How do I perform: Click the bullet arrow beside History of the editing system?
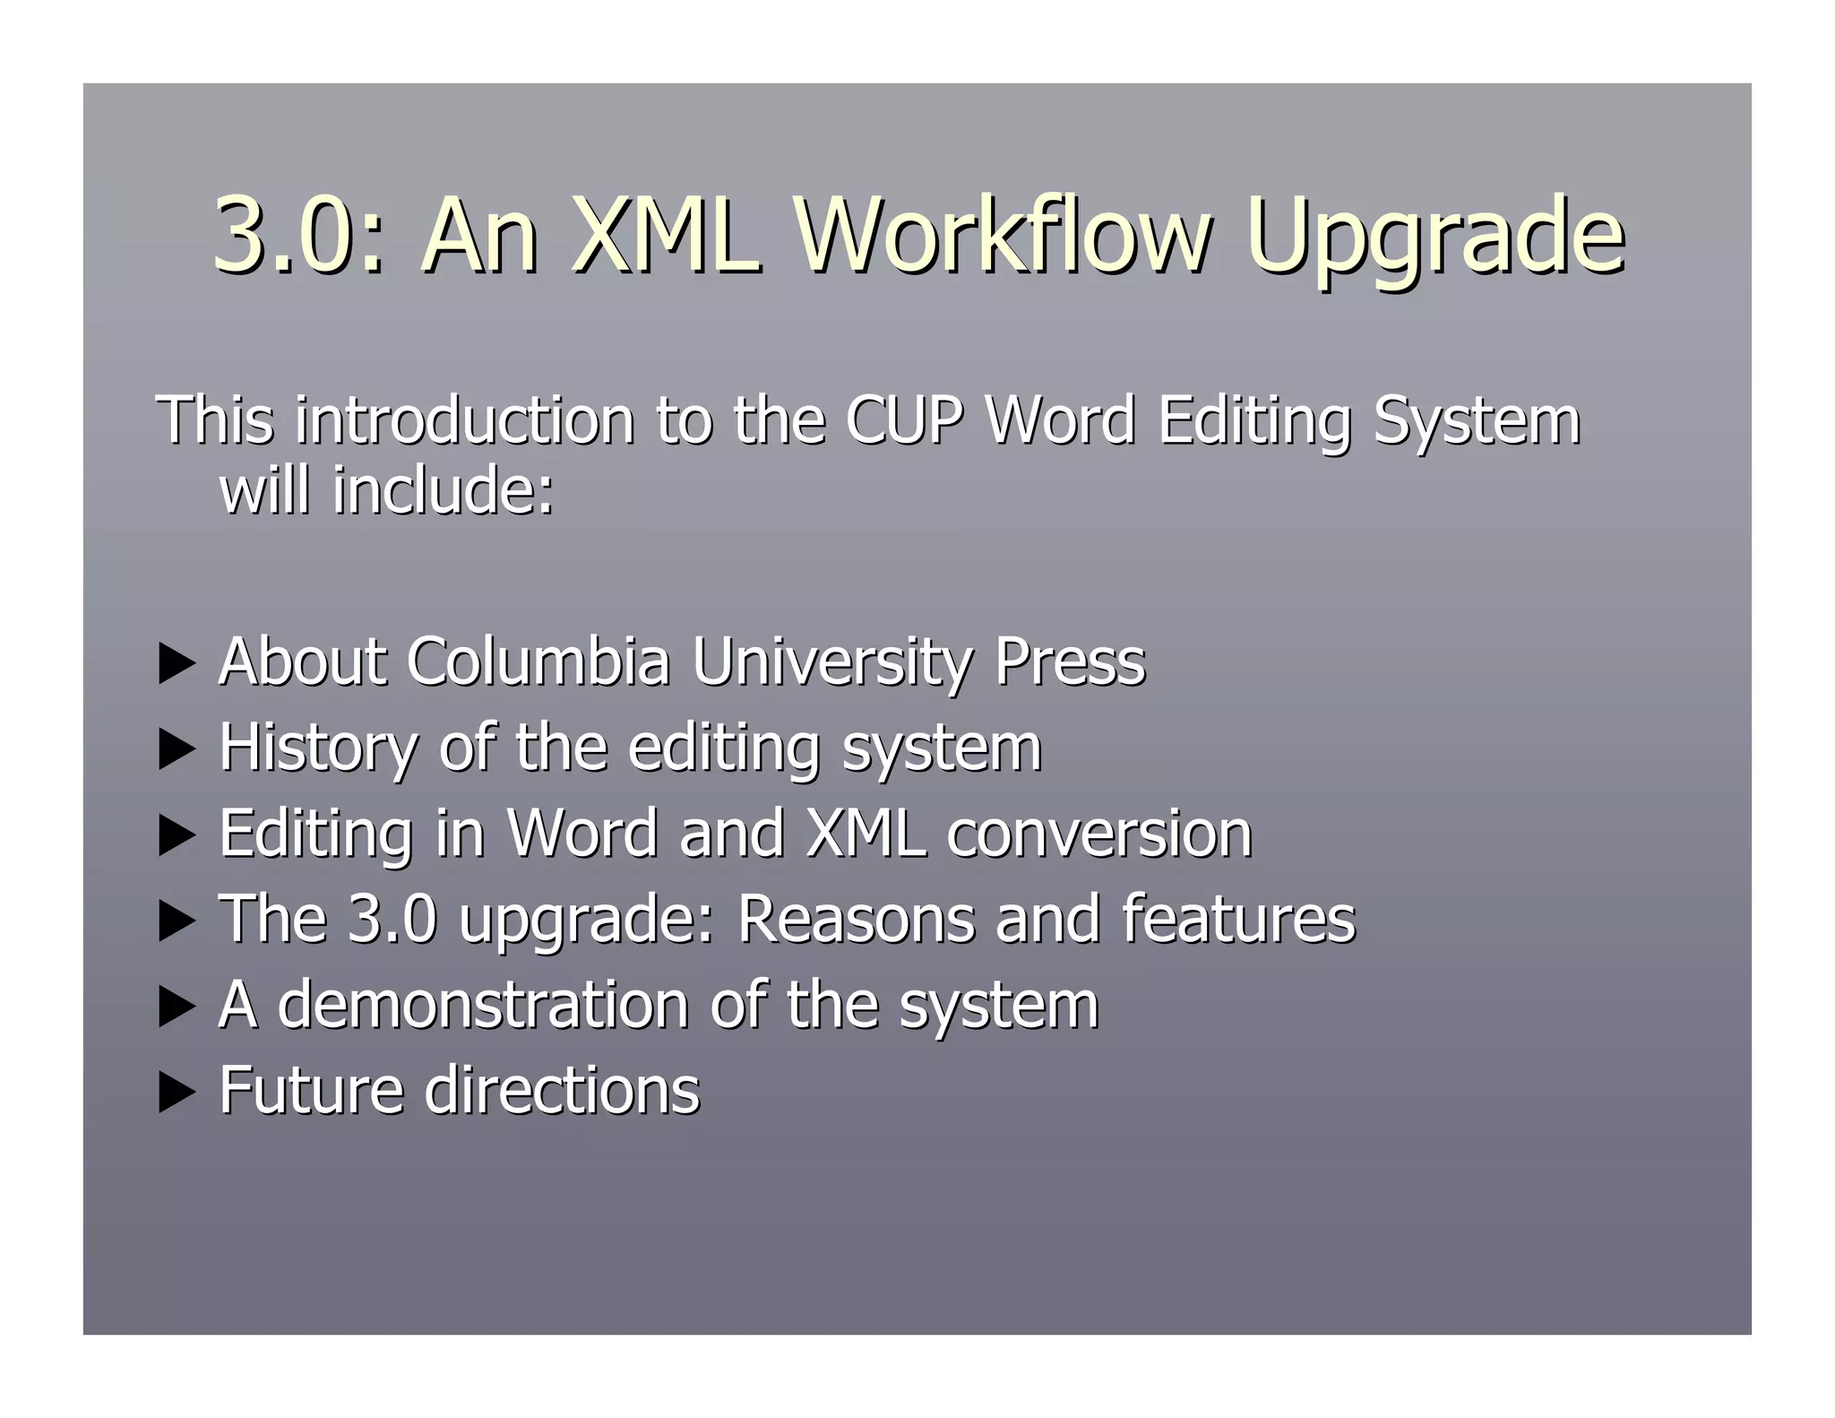click(176, 750)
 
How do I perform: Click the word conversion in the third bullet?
click(1098, 834)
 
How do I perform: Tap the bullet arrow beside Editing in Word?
click(176, 836)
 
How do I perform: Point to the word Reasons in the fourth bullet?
click(855, 919)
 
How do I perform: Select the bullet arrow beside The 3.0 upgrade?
click(176, 922)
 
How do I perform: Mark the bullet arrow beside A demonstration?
click(176, 1007)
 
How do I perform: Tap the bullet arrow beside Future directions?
click(176, 1094)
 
